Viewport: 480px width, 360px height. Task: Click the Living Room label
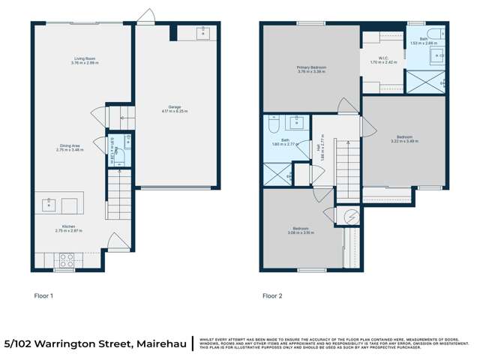[x=85, y=60]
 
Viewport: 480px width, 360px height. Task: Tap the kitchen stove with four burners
[x=66, y=260]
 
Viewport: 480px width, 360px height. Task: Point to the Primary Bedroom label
[x=310, y=69]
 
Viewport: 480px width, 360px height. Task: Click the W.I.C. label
[x=383, y=59]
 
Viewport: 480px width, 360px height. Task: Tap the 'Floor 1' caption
[x=44, y=295]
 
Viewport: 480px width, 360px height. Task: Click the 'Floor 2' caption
[x=272, y=295]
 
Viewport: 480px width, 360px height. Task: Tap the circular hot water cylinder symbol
[x=349, y=215]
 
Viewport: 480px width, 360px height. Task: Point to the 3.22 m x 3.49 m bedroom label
[x=404, y=139]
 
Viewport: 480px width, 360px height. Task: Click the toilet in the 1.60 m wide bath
[x=274, y=121]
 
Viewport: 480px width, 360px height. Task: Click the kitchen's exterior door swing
[x=114, y=241]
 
